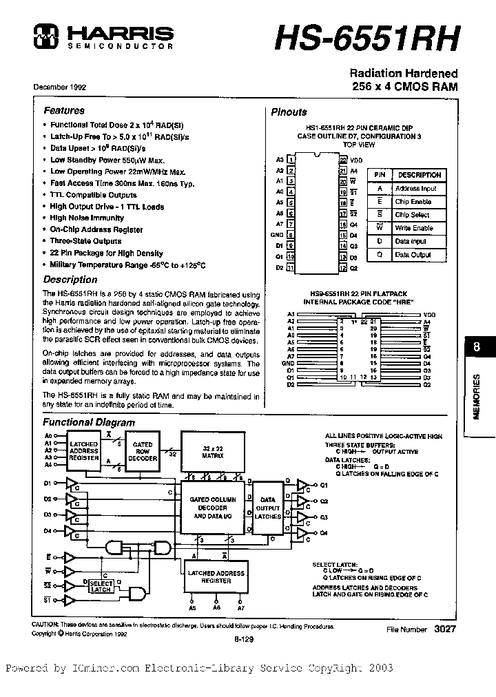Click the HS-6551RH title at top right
coord(366,39)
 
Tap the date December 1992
coord(60,88)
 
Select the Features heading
coord(64,110)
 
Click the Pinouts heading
coord(289,112)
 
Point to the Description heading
coord(70,280)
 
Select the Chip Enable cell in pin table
coord(413,202)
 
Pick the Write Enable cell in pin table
coord(413,228)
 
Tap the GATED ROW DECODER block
coord(143,450)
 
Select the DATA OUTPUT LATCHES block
coord(268,508)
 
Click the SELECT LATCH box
coord(101,585)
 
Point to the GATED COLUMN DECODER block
coord(214,508)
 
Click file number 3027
coord(445,629)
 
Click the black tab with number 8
coord(477,348)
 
